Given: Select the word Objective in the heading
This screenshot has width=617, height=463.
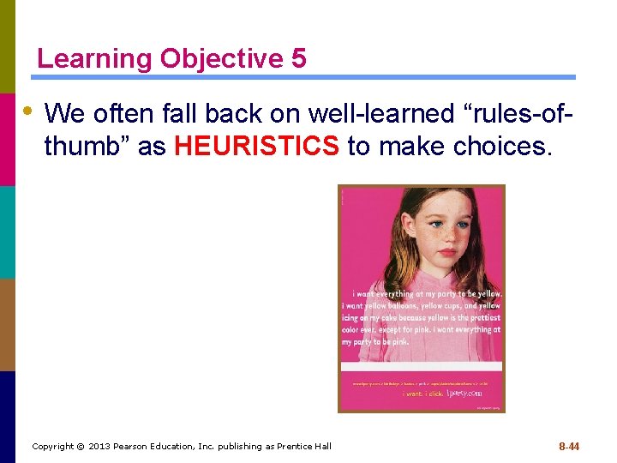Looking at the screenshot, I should pyautogui.click(x=221, y=59).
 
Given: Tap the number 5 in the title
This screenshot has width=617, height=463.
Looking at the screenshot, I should pyautogui.click(x=298, y=59).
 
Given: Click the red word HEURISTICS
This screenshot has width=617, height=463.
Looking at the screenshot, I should pyautogui.click(x=256, y=147).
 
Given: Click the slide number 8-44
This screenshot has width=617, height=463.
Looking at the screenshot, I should pyautogui.click(x=569, y=446).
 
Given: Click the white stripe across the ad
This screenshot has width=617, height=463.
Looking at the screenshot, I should pyautogui.click(x=421, y=366).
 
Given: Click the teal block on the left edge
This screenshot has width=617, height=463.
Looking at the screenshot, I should pyautogui.click(x=8, y=232).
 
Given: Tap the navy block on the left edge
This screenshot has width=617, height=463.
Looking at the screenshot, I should pyautogui.click(x=8, y=417).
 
